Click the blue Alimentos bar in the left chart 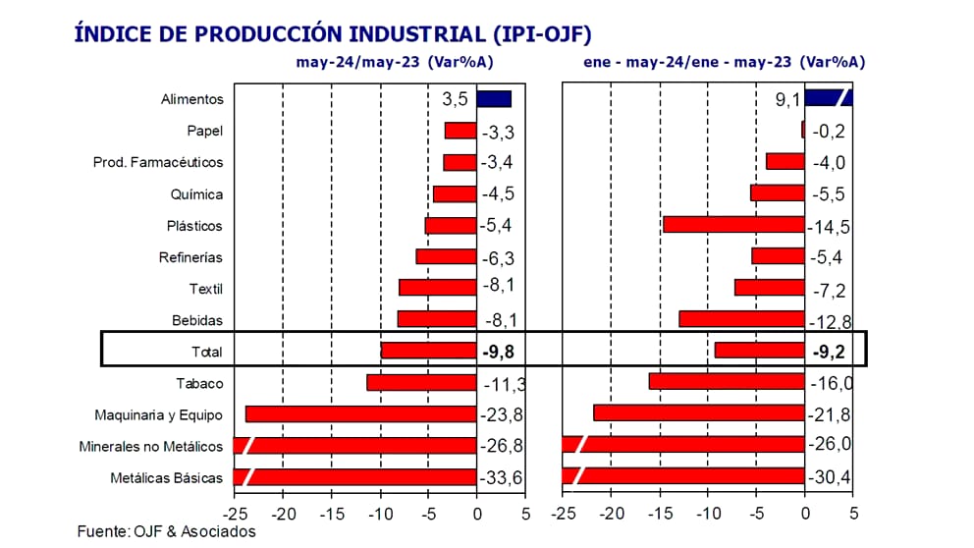coord(494,98)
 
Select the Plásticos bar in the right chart coord(733,225)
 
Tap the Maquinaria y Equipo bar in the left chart coord(360,414)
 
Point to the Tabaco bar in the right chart coord(727,382)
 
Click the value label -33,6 coord(503,478)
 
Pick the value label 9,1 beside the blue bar coord(787,99)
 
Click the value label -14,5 coord(829,227)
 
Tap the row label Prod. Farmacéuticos coord(158,162)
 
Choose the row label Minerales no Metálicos coord(151,447)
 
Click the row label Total coord(207,352)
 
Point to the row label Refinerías coord(190,257)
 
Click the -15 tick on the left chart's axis coord(331,514)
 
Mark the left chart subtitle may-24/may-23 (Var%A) coord(395,62)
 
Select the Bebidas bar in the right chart coord(741,319)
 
